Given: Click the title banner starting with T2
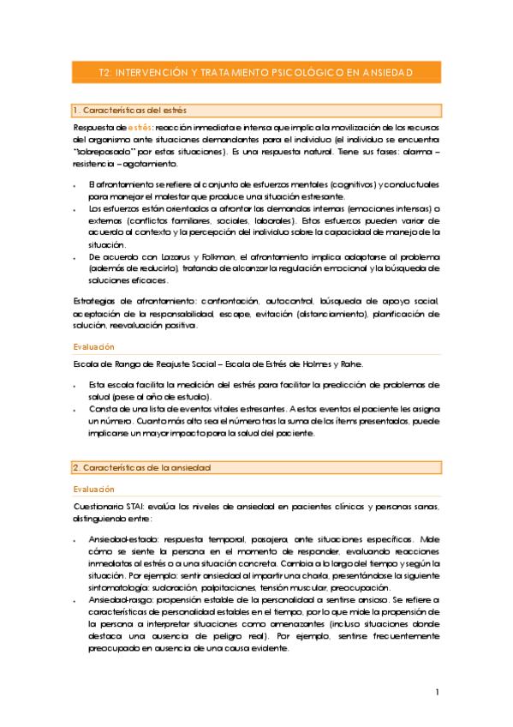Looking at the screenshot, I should pyautogui.click(x=256, y=73).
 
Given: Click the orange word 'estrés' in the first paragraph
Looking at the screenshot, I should pyautogui.click(x=131, y=127).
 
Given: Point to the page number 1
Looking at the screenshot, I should pyautogui.click(x=437, y=692).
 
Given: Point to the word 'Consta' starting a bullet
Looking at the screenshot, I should pyautogui.click(x=102, y=409).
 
